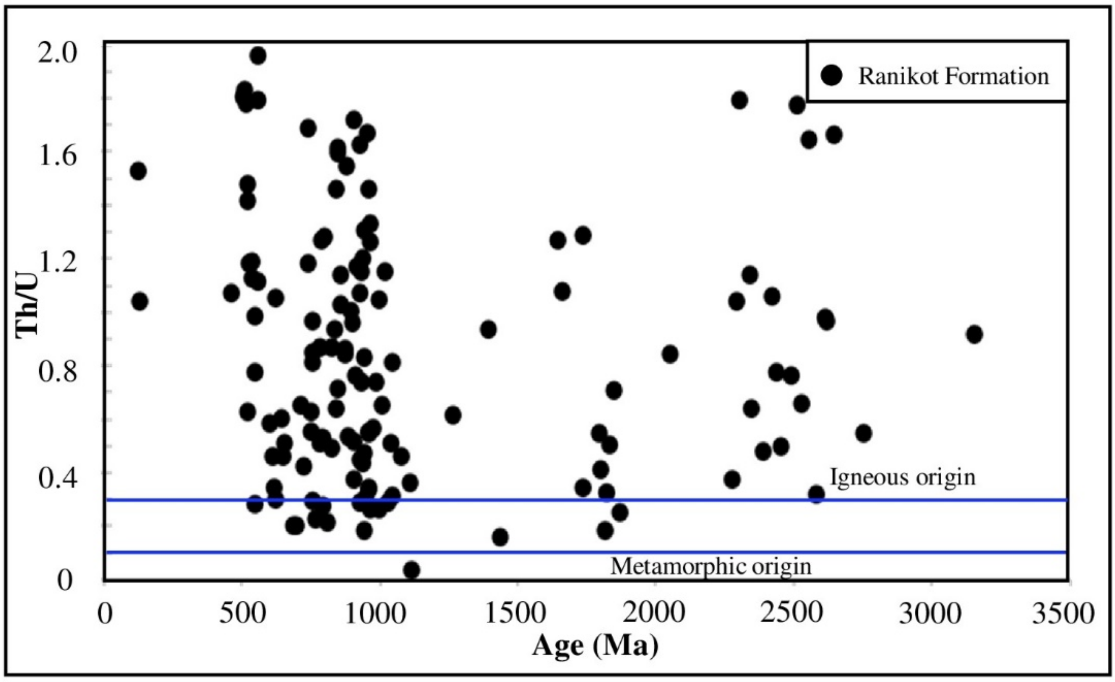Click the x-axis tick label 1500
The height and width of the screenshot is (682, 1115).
[515, 614]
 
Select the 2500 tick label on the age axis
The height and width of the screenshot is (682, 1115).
[792, 614]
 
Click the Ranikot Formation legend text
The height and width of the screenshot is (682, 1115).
[953, 76]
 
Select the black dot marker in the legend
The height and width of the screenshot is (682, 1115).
[831, 75]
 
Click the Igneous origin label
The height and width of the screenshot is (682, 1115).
[902, 477]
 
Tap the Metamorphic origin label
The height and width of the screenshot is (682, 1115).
[710, 566]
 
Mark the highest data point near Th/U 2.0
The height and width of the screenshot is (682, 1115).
[258, 55]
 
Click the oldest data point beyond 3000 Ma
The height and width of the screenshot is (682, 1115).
[974, 335]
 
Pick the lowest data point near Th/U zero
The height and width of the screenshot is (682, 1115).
[411, 570]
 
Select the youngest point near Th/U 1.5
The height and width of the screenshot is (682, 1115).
[138, 171]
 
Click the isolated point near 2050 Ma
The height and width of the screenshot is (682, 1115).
[670, 354]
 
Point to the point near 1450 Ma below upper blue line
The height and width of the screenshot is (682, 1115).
[500, 537]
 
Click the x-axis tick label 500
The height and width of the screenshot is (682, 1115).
[242, 614]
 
